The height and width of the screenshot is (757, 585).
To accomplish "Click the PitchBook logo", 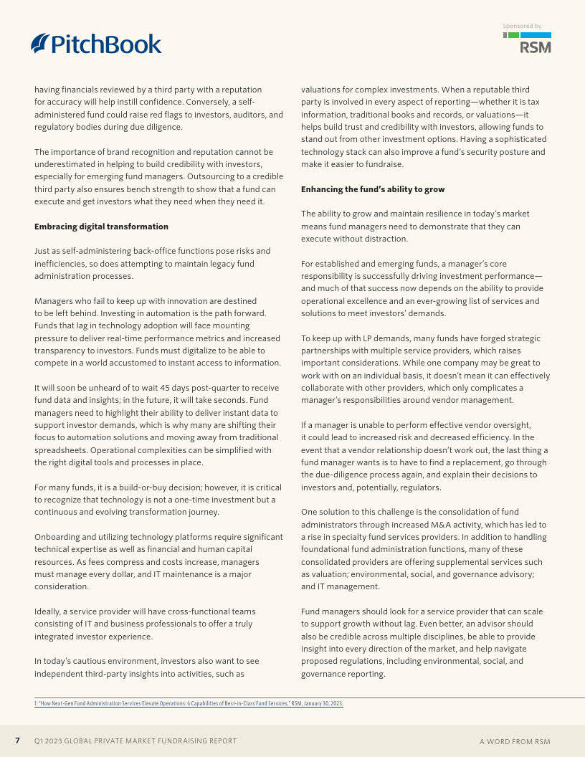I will click(96, 44).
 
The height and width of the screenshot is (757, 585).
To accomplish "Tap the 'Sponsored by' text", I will click(522, 26).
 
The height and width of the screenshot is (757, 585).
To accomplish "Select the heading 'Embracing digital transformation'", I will click(101, 227).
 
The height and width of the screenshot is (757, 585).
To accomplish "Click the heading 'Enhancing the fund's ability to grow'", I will click(373, 189).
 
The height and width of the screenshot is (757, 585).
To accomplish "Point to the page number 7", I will click(17, 741).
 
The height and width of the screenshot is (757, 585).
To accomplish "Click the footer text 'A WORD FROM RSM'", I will click(515, 741).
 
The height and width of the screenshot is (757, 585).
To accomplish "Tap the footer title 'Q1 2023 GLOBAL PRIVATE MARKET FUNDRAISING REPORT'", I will click(135, 741).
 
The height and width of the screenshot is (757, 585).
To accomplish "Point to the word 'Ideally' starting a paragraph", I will click(47, 611).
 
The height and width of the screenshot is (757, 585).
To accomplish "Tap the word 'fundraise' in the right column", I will click(387, 164).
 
